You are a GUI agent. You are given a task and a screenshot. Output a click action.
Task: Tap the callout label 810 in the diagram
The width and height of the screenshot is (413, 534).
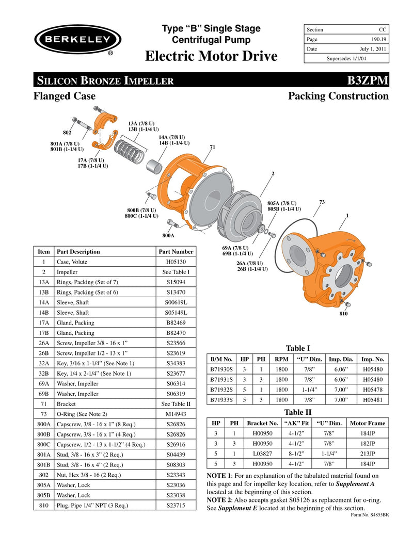point(343,313)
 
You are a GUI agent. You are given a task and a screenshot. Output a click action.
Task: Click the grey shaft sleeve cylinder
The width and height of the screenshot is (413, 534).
point(153,167)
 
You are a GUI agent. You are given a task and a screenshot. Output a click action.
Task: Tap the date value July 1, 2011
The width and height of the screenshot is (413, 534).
point(374,49)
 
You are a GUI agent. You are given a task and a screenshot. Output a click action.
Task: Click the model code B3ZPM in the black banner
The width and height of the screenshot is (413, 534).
point(368,80)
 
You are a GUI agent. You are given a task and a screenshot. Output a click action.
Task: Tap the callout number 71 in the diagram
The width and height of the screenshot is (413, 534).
point(212,147)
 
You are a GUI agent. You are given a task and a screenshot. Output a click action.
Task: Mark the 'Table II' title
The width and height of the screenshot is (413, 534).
point(298,412)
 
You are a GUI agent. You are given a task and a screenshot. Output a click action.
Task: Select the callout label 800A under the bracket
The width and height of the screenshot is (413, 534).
point(168,235)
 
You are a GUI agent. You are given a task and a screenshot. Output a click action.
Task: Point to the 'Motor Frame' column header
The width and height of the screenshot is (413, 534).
point(368,423)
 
